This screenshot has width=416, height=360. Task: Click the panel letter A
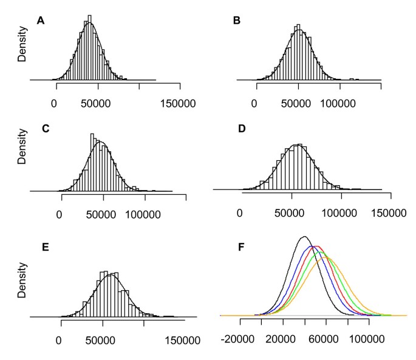tap(41, 21)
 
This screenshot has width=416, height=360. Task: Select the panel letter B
tap(237, 21)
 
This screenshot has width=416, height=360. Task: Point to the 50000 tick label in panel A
tap(97, 103)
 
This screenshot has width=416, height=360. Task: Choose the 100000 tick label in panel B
tap(338, 103)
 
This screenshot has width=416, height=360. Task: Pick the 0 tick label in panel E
tap(60, 340)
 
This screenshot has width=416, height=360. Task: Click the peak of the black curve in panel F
tap(304, 237)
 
